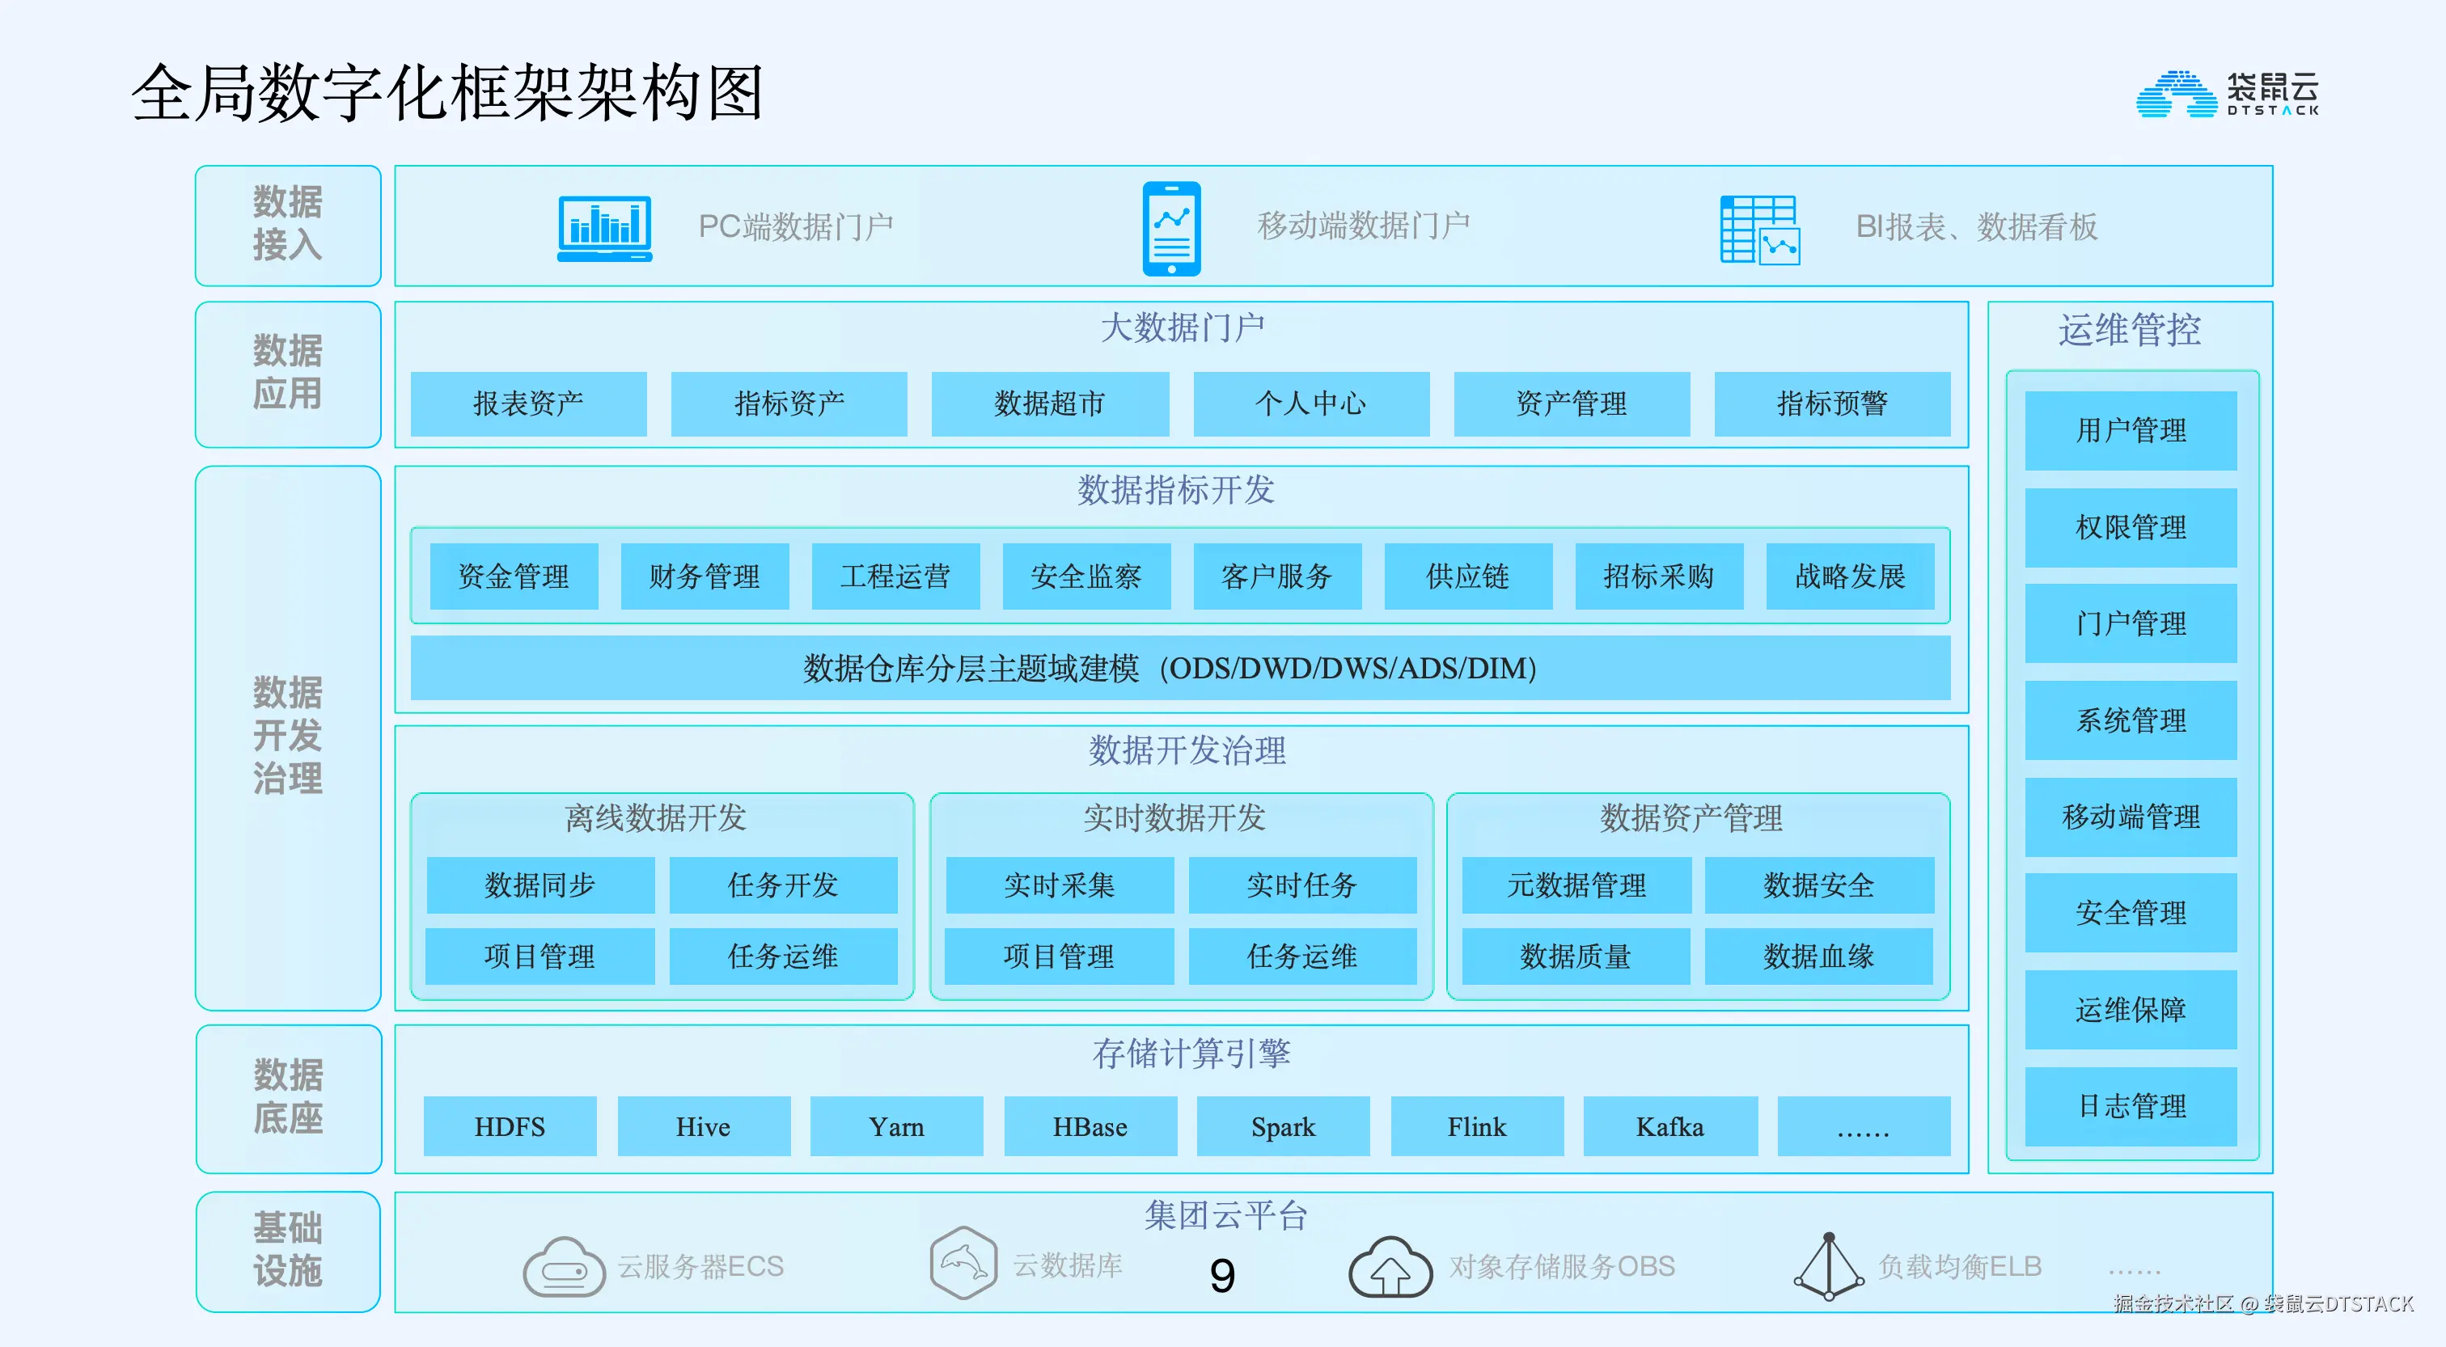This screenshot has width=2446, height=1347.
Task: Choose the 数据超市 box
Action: click(1049, 403)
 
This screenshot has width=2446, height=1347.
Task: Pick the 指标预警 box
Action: click(1831, 403)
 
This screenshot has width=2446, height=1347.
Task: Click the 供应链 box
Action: click(1468, 576)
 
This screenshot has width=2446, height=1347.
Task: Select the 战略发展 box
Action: click(1850, 576)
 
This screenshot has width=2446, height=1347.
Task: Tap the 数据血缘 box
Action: click(1818, 956)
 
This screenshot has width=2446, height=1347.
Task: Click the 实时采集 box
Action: click(1060, 885)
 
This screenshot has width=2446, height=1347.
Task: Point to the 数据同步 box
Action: click(540, 885)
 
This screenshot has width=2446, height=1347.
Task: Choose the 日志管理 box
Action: click(2131, 1106)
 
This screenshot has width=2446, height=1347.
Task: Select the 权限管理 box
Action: click(2131, 527)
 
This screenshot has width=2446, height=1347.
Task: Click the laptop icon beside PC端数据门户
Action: click(605, 228)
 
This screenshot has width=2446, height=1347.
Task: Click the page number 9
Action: click(1222, 1275)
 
